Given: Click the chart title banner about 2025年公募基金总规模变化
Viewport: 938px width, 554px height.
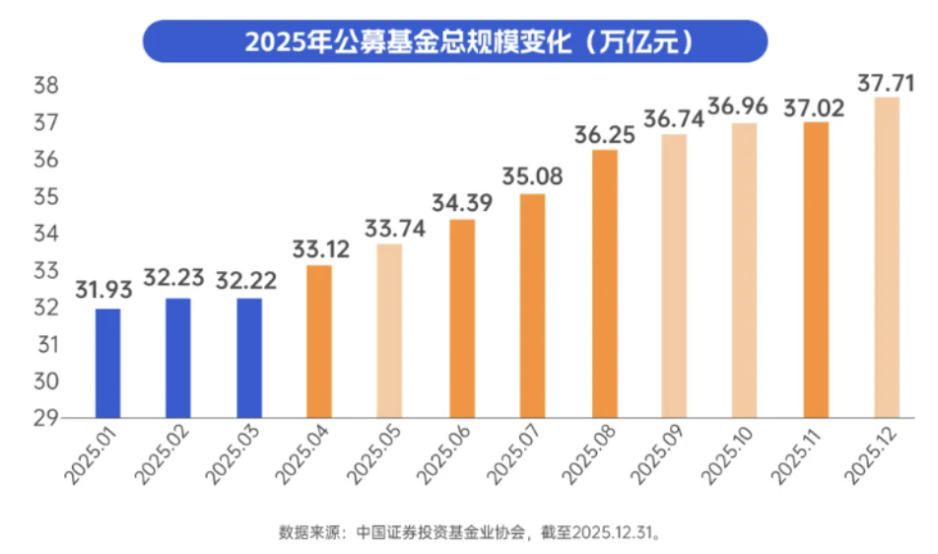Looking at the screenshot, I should (469, 42).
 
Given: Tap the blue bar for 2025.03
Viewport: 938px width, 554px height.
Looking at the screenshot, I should (249, 357).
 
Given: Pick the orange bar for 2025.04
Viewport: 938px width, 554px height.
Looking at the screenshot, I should (319, 341).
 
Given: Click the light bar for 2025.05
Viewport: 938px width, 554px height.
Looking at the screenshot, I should (390, 330).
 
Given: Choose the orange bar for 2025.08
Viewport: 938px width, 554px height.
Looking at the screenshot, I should (604, 284).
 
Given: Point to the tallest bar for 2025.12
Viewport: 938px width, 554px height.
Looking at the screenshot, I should (887, 256).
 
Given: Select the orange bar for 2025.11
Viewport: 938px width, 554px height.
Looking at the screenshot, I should (816, 269).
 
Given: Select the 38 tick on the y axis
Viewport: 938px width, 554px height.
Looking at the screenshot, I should (45, 87).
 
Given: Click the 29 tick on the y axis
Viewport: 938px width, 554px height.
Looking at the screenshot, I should (45, 418).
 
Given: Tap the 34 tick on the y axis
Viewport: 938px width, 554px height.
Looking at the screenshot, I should (45, 234).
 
